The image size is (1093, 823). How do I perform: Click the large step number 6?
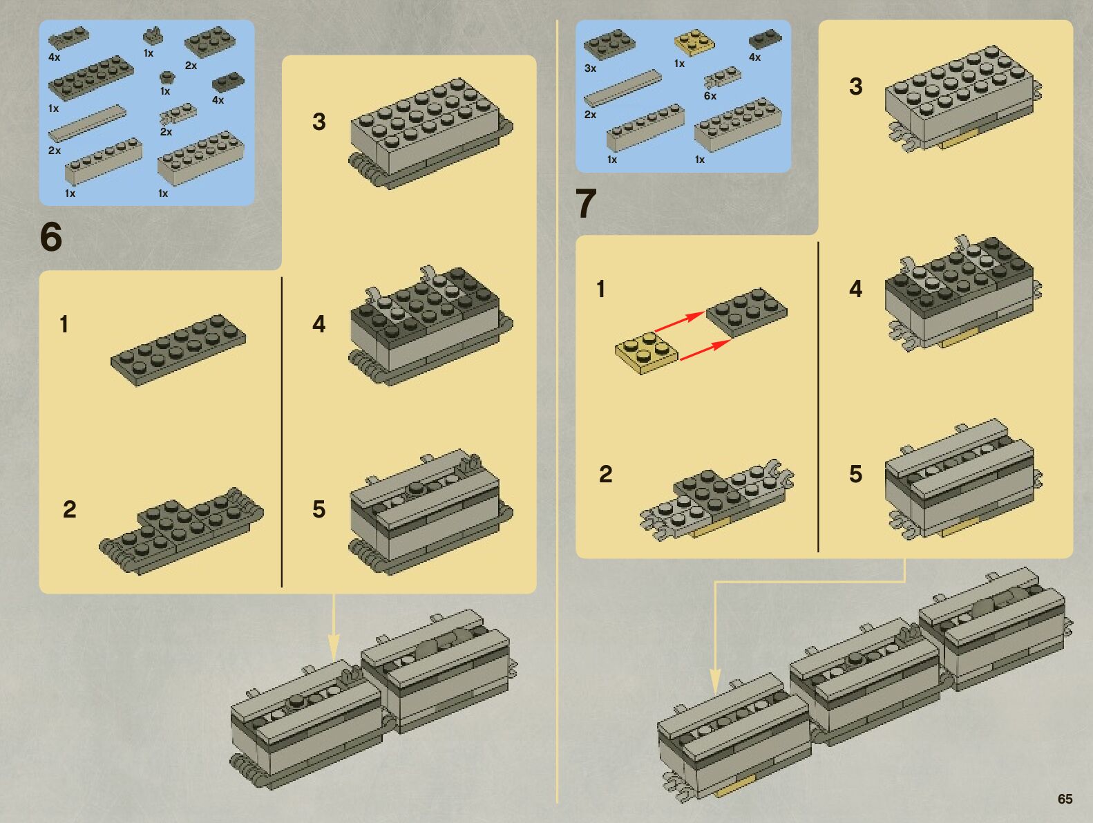coord(51,237)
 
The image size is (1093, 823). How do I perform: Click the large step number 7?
coord(586,203)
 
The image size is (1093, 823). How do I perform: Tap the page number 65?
coord(1065,799)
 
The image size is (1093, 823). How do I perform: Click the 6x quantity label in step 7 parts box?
coord(710,96)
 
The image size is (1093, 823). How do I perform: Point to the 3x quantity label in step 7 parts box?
coord(590,68)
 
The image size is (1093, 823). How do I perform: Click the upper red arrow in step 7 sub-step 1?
coord(680,321)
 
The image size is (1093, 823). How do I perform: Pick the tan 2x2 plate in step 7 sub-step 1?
coord(646,352)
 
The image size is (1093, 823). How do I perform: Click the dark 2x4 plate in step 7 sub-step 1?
coord(746,312)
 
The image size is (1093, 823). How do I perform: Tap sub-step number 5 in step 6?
coord(319,509)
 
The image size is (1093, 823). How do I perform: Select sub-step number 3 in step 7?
coord(855,86)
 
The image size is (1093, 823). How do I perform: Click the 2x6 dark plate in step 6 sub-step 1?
coord(178,350)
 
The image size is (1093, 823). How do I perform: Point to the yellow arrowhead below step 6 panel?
coord(334,647)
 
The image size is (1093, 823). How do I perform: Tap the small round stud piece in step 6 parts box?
coord(167,77)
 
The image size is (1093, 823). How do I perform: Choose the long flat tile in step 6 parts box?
coord(87,123)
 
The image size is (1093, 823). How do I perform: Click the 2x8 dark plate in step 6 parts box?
coord(91,78)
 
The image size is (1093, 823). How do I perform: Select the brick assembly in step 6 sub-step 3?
coord(430,133)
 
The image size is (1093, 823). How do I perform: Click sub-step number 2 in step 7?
coord(605,475)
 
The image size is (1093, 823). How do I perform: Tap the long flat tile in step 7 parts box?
coord(622,88)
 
